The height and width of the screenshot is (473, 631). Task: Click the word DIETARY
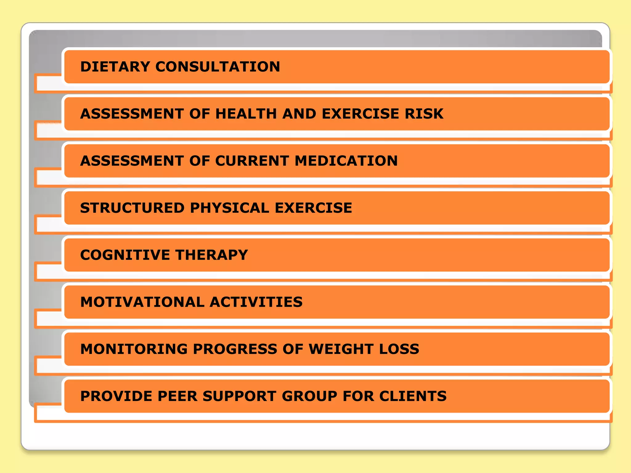(x=115, y=67)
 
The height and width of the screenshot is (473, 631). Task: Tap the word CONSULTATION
(x=218, y=67)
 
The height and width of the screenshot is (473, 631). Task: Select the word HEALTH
(x=246, y=114)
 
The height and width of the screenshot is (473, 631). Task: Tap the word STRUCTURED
(x=132, y=208)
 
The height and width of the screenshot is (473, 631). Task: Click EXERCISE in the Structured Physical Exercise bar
(x=313, y=208)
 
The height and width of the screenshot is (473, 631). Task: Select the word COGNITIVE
(x=125, y=255)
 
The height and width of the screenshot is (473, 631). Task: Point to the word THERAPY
(x=212, y=255)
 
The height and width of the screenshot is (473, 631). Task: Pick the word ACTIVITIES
(x=256, y=302)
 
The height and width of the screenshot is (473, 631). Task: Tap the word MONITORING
(x=134, y=349)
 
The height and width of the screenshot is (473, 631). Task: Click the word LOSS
(x=399, y=349)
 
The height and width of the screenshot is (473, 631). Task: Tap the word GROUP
(x=309, y=396)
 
